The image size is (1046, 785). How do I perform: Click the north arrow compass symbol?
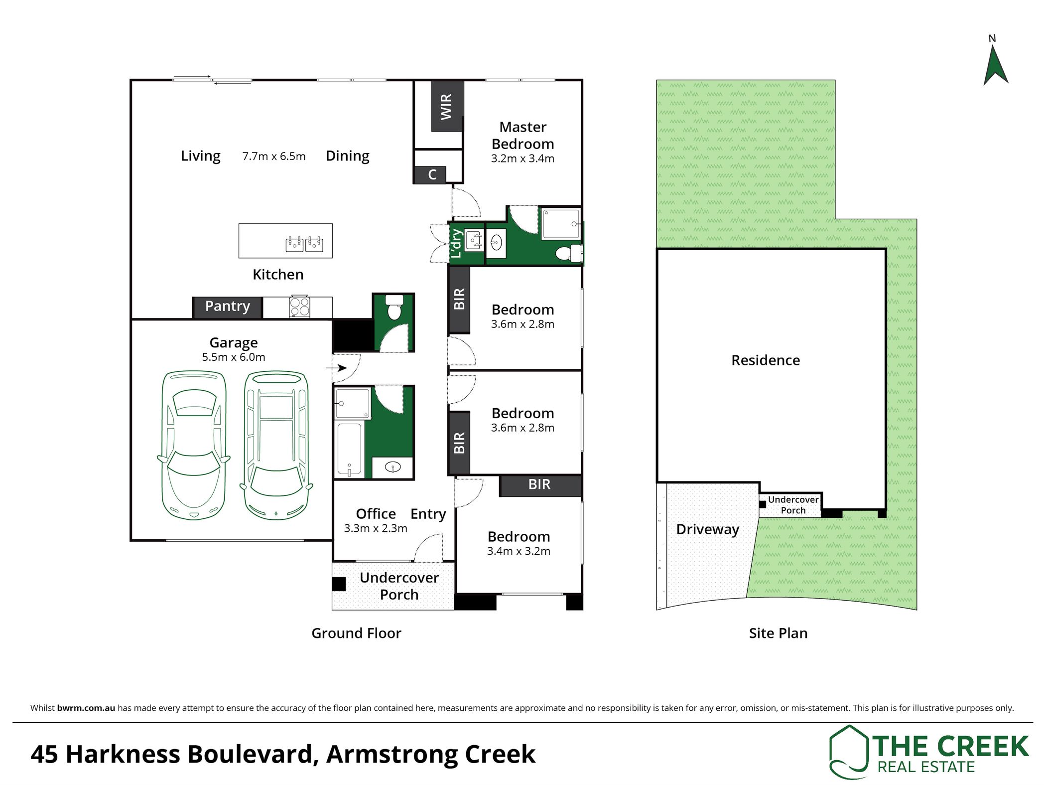(996, 65)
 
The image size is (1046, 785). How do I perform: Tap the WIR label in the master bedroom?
(446, 107)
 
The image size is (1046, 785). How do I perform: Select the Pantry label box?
(227, 307)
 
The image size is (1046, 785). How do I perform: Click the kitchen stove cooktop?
(300, 307)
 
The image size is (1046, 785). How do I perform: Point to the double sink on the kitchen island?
(304, 244)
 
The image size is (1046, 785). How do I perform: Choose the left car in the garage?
(194, 445)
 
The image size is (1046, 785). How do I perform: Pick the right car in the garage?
(276, 445)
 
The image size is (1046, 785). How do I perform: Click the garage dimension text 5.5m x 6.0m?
(234, 357)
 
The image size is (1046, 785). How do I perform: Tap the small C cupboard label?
(432, 174)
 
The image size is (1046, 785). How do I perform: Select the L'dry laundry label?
(456, 243)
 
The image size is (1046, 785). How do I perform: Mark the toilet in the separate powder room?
(394, 307)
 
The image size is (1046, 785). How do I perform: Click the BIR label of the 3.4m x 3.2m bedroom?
(539, 484)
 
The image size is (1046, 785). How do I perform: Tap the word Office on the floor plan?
(376, 514)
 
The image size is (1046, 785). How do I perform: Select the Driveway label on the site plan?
(707, 530)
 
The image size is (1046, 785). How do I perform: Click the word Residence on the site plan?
(766, 360)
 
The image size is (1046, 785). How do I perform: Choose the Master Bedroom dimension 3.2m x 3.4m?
(523, 158)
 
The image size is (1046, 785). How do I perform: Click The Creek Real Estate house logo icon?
(850, 752)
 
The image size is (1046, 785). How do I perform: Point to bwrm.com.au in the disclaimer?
(86, 708)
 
